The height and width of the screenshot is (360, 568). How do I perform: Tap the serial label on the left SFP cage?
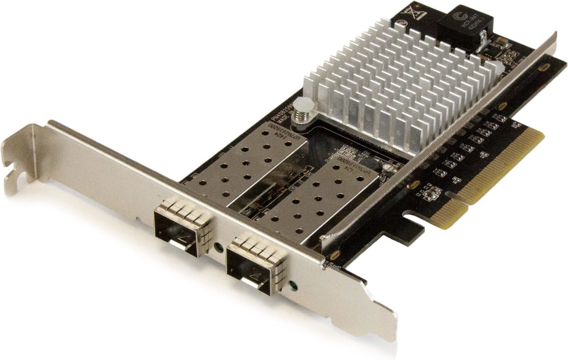tap(281, 131)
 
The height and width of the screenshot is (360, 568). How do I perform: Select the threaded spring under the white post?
tap(301, 118)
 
